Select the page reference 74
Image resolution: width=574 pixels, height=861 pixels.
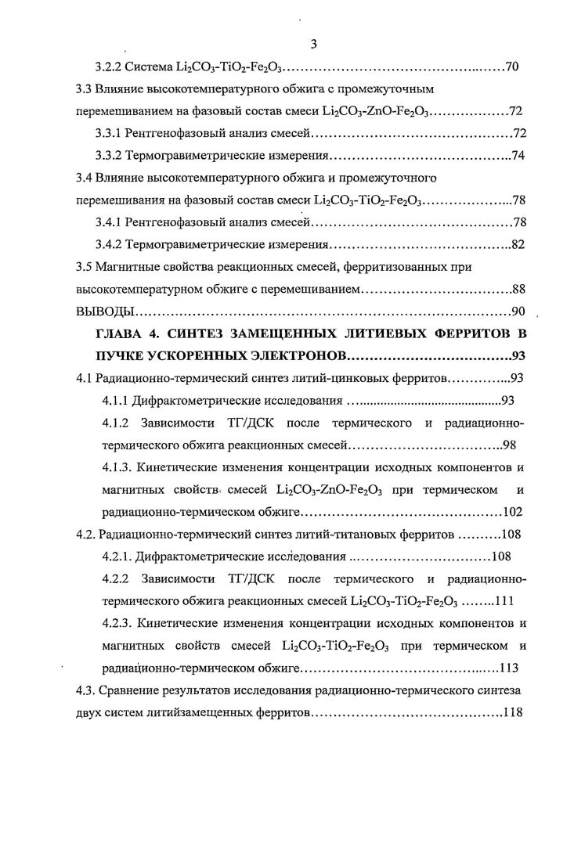[517, 155]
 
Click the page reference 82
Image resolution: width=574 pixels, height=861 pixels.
[517, 244]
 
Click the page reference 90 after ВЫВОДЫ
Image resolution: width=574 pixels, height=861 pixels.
[517, 311]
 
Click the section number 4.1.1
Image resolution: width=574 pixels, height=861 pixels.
[117, 402]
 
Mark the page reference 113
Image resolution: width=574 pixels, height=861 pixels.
[508, 668]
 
